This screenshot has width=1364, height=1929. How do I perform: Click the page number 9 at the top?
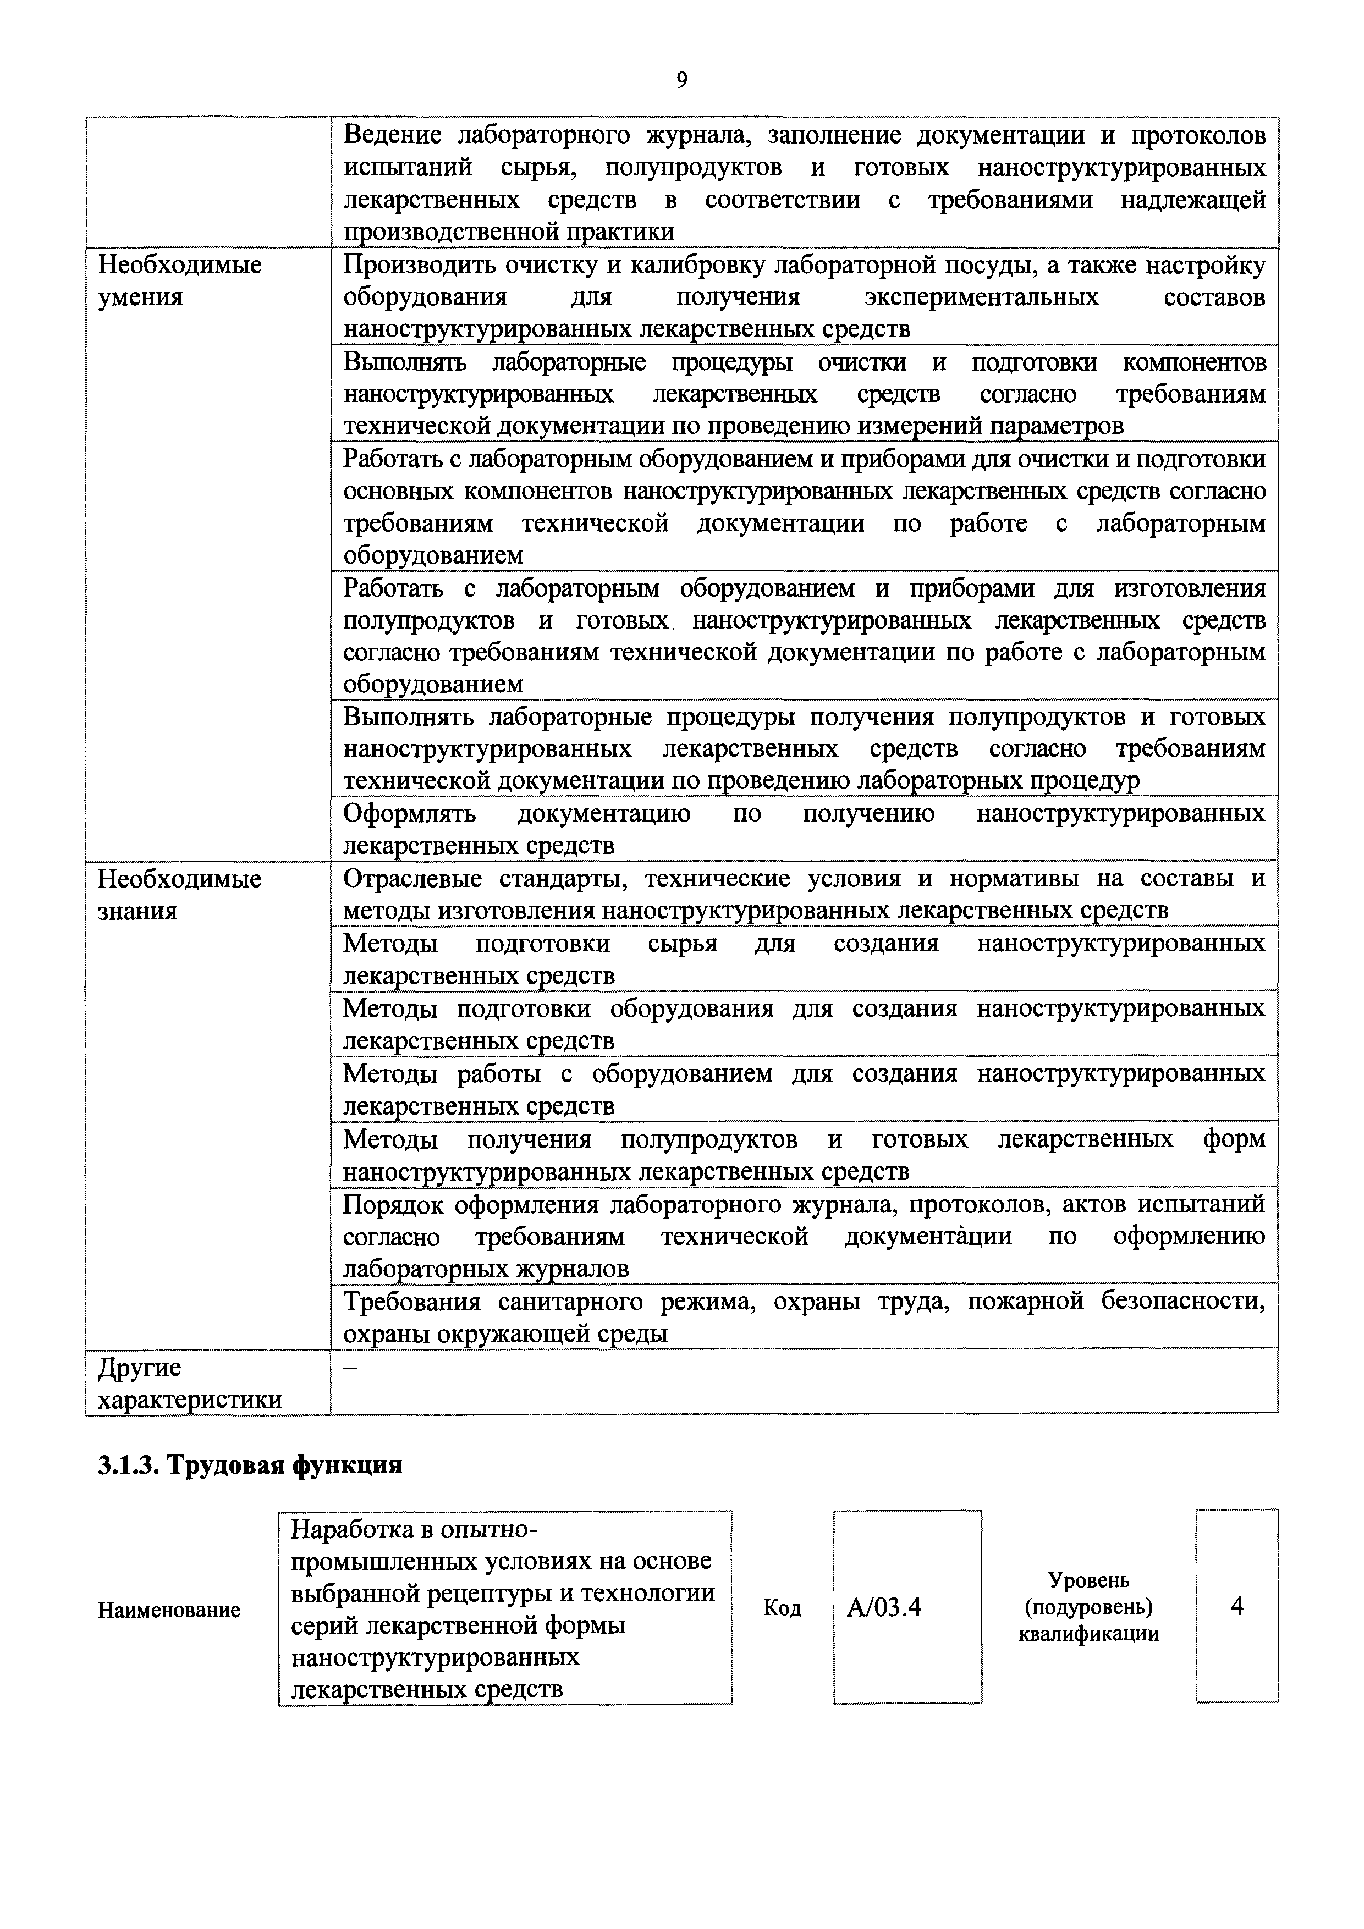pyautogui.click(x=681, y=80)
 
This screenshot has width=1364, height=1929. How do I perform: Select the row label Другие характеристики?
pyautogui.click(x=190, y=1384)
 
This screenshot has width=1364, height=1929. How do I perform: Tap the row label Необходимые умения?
pyautogui.click(x=180, y=280)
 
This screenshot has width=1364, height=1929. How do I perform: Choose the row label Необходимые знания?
pyautogui.click(x=180, y=895)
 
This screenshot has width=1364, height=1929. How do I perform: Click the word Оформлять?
pyautogui.click(x=409, y=813)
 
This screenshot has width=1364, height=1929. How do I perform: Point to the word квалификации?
pyautogui.click(x=1088, y=1634)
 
